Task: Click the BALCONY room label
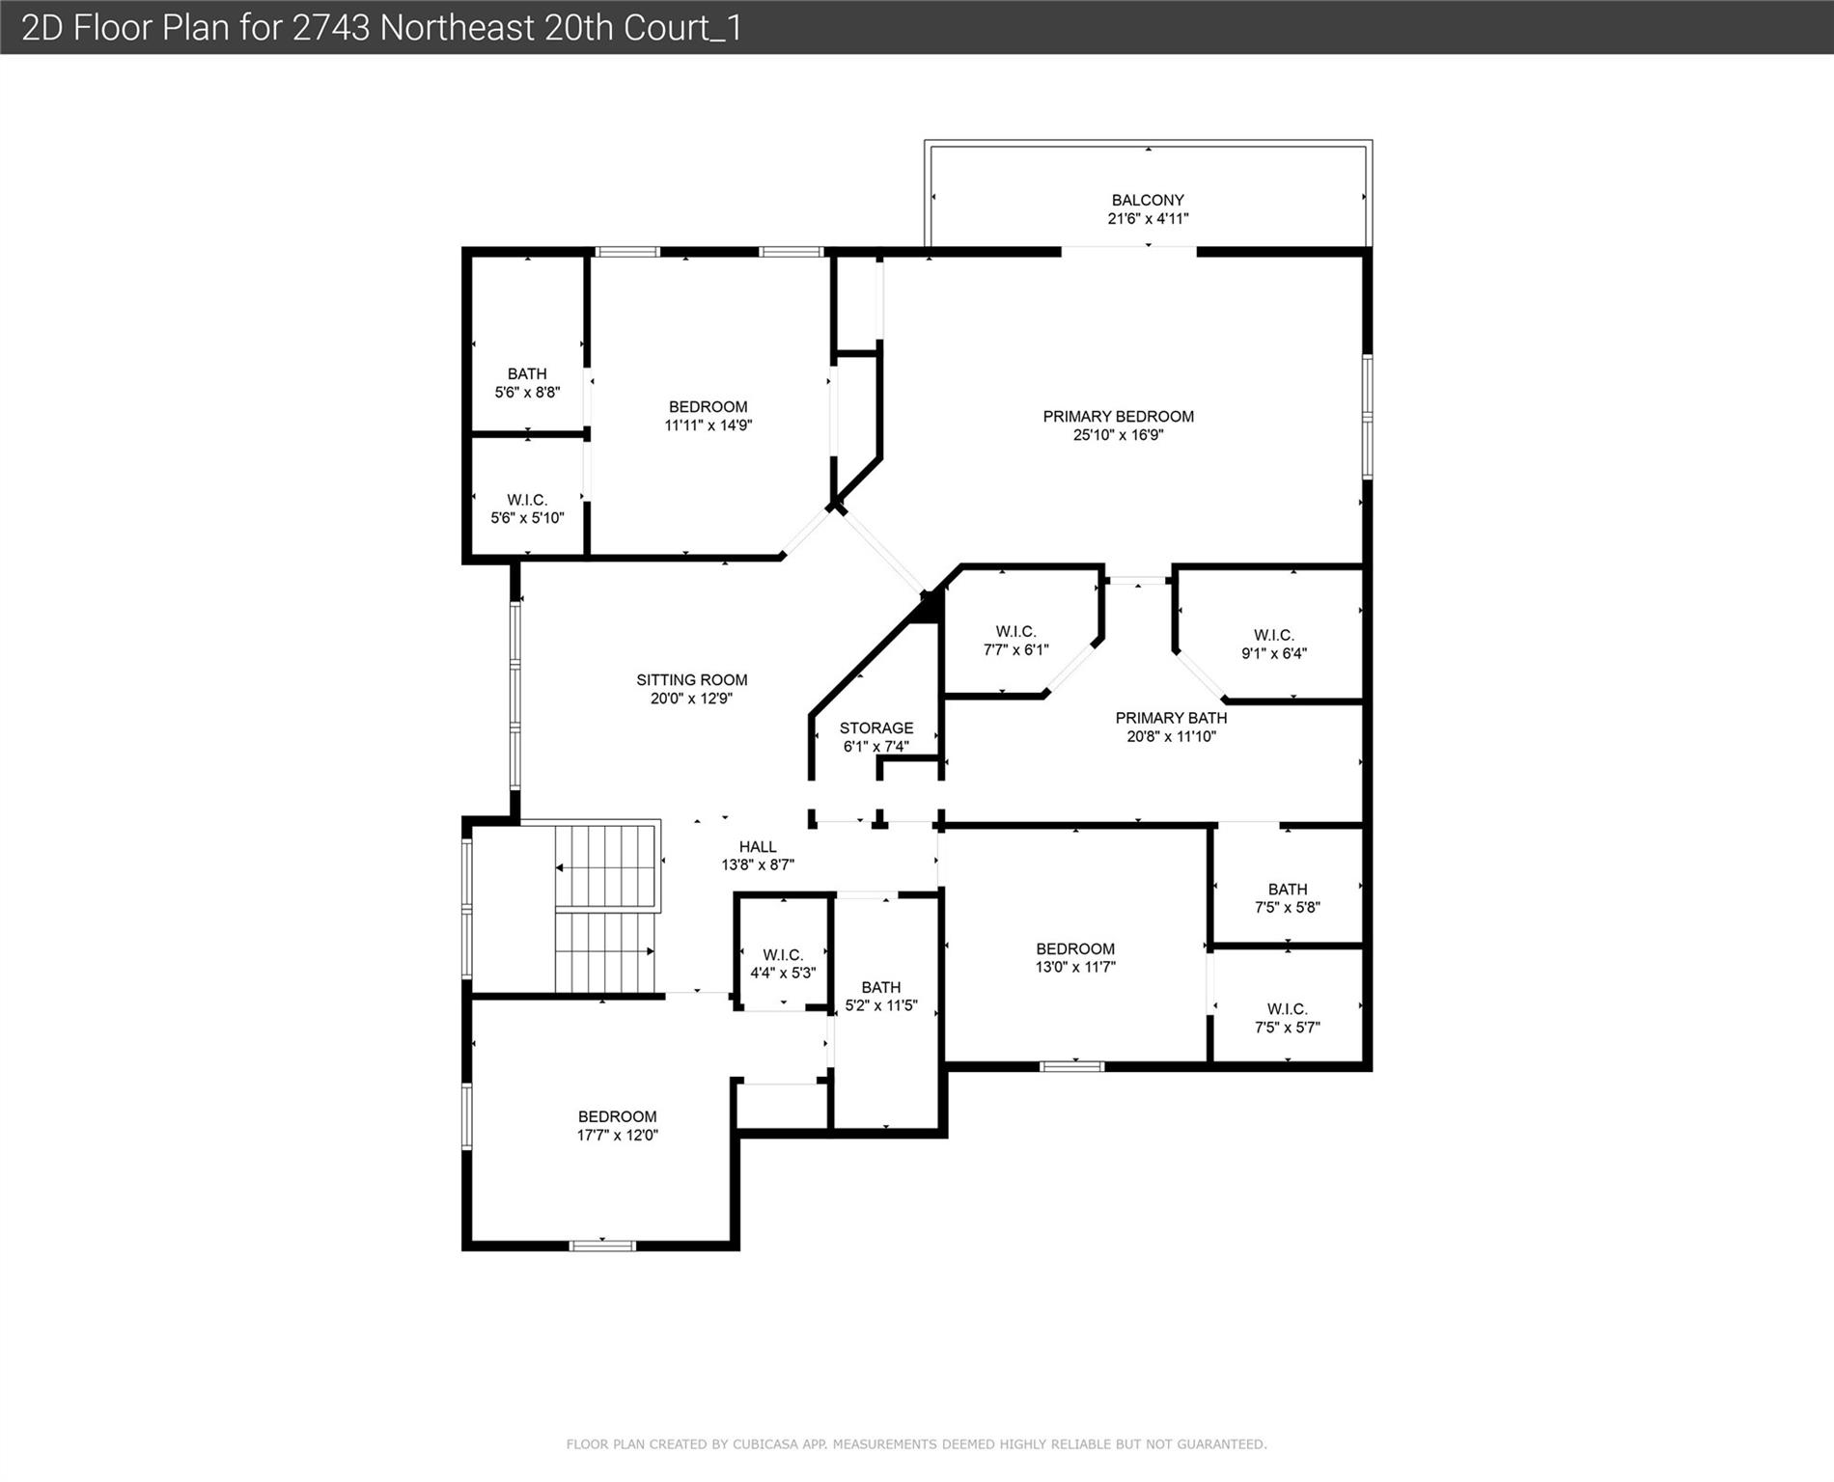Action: pyautogui.click(x=1147, y=201)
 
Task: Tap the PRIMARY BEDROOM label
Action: pyautogui.click(x=1118, y=417)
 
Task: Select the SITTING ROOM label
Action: pyautogui.click(x=691, y=680)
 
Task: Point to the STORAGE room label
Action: pyautogui.click(x=875, y=728)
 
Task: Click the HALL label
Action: pyautogui.click(x=758, y=847)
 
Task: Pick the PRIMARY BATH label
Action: pyautogui.click(x=1171, y=718)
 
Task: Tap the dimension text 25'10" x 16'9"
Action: pyautogui.click(x=1118, y=435)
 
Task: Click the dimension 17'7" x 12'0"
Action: pyautogui.click(x=617, y=1136)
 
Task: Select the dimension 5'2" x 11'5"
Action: pyautogui.click(x=880, y=1005)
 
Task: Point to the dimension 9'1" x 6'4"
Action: pyautogui.click(x=1273, y=653)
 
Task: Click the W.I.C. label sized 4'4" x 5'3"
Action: pyautogui.click(x=783, y=955)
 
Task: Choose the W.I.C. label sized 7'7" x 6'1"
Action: pyautogui.click(x=1015, y=632)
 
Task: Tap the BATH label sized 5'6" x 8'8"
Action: pyautogui.click(x=527, y=374)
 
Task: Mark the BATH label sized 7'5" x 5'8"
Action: pyautogui.click(x=1288, y=890)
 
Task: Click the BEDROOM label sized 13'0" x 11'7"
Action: pyautogui.click(x=1075, y=949)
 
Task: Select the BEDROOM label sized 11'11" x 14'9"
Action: pyautogui.click(x=708, y=407)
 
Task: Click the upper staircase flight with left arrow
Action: pyautogui.click(x=606, y=866)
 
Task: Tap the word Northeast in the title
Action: pyautogui.click(x=457, y=28)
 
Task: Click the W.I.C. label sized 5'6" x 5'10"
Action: pyautogui.click(x=527, y=500)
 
